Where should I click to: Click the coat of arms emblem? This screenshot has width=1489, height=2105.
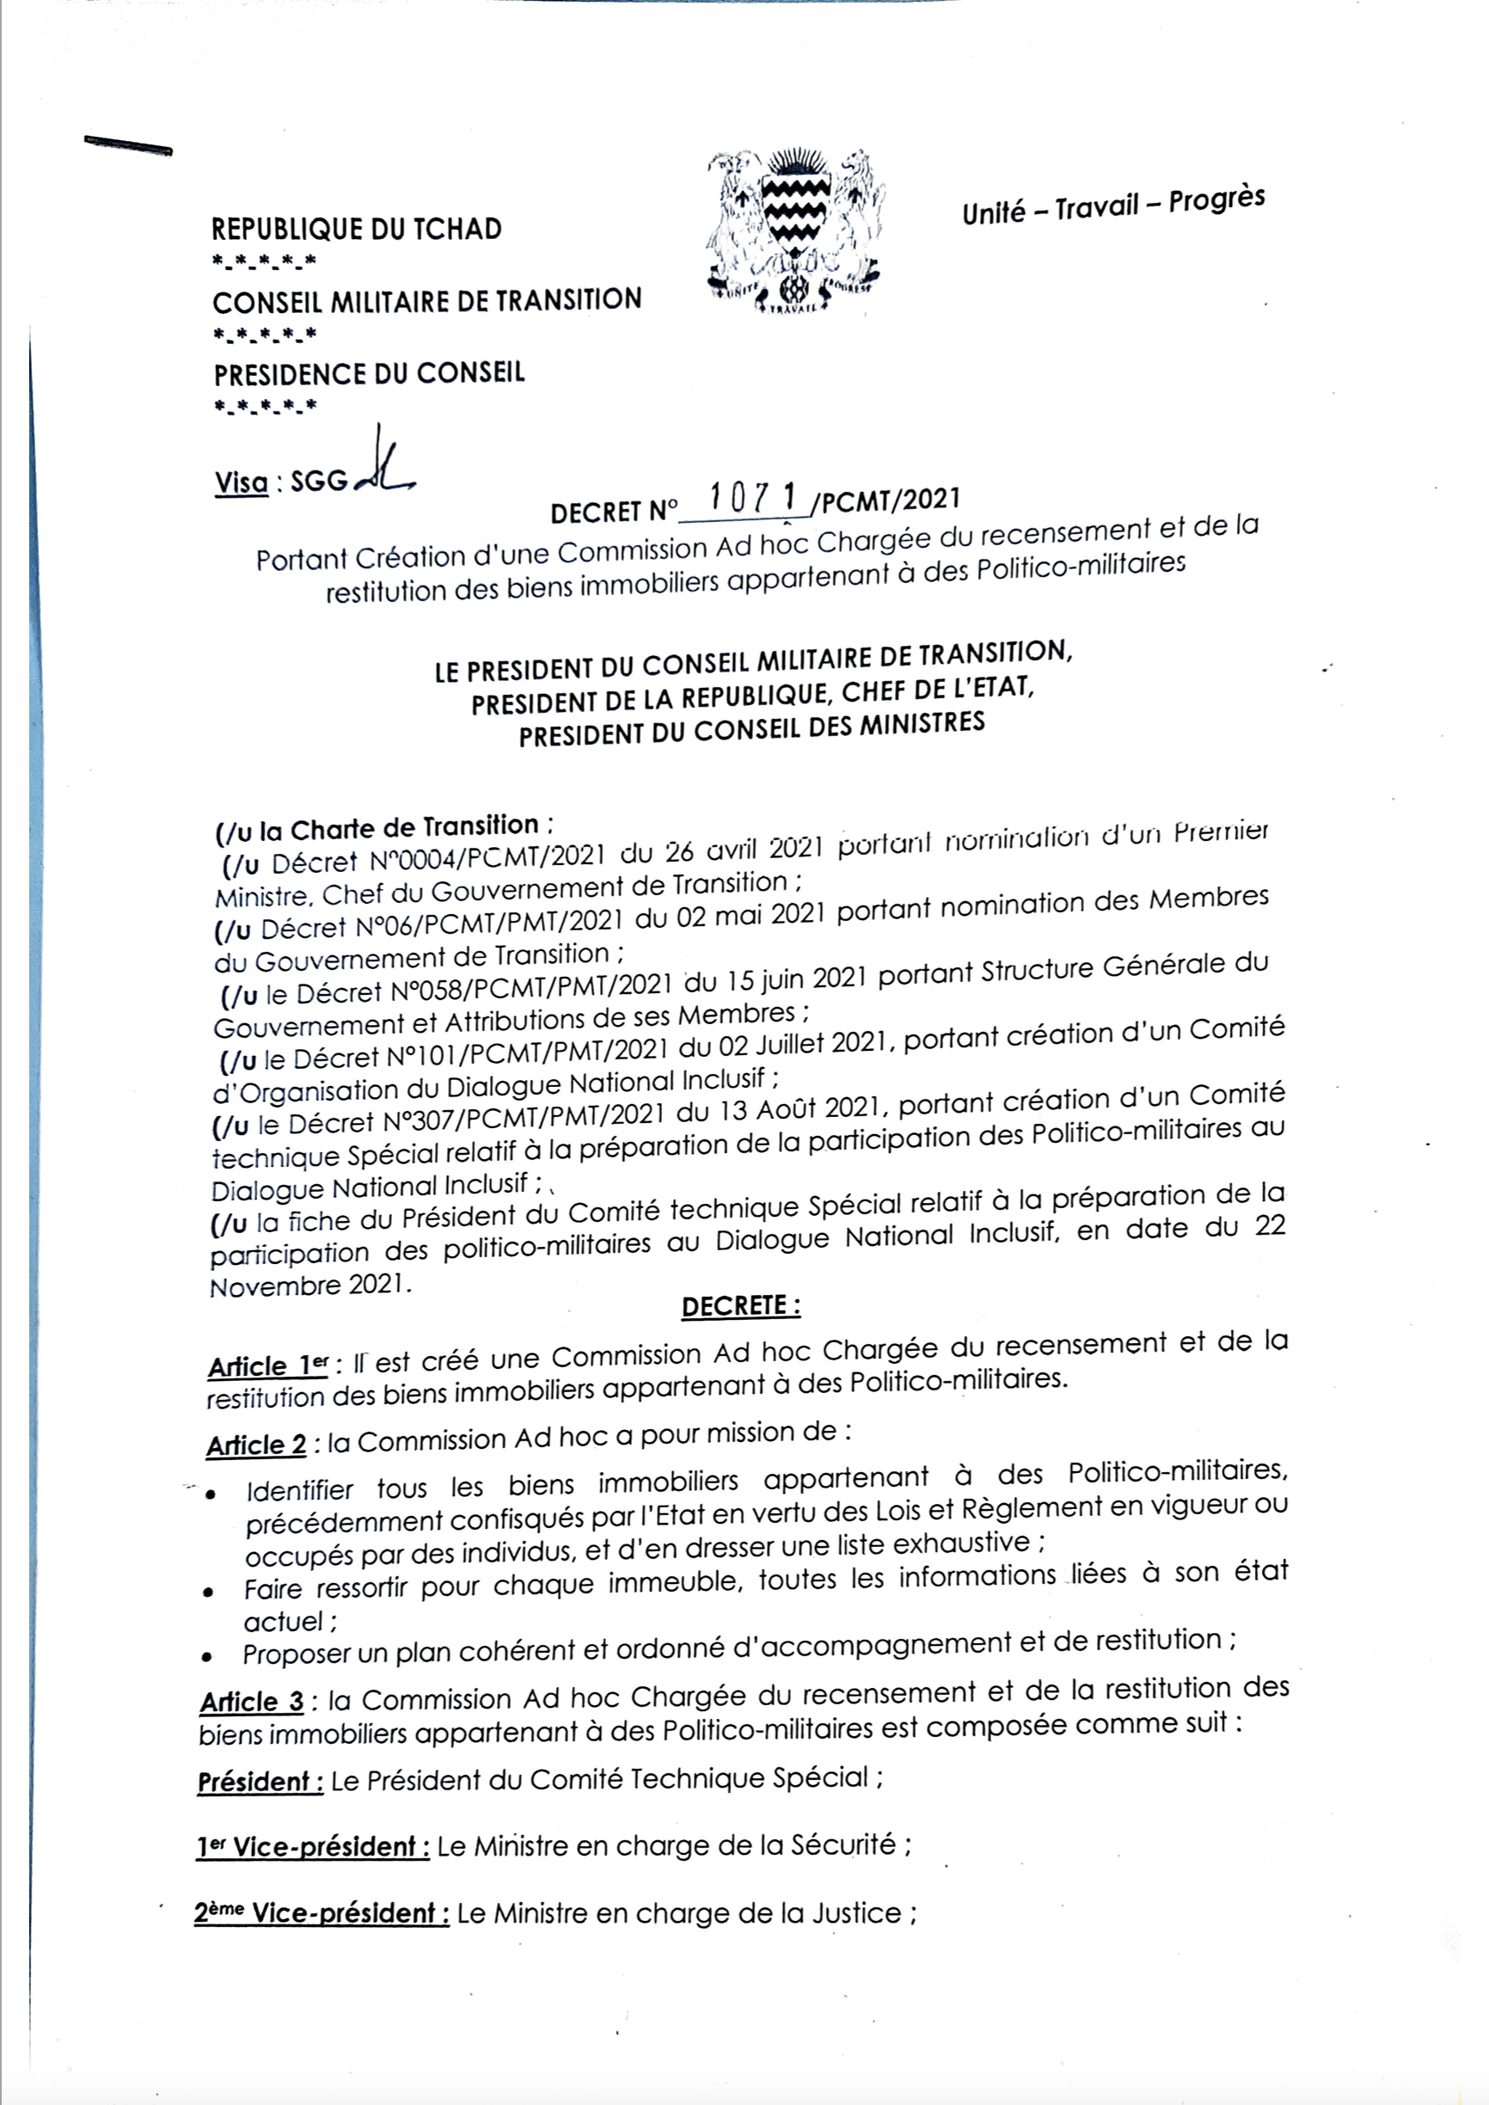point(795,230)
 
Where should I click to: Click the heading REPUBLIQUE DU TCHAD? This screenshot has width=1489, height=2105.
point(357,228)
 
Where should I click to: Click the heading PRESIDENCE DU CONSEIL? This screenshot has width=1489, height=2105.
point(370,374)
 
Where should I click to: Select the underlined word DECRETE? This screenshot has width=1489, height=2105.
point(740,1306)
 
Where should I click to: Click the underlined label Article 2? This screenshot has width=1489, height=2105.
point(257,1445)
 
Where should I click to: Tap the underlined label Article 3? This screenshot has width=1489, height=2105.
point(252,1702)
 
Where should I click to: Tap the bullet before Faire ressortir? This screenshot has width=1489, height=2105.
point(209,1593)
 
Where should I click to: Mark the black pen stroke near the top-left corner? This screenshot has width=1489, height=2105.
point(127,147)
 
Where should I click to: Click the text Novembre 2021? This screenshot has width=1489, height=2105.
point(307,1286)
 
